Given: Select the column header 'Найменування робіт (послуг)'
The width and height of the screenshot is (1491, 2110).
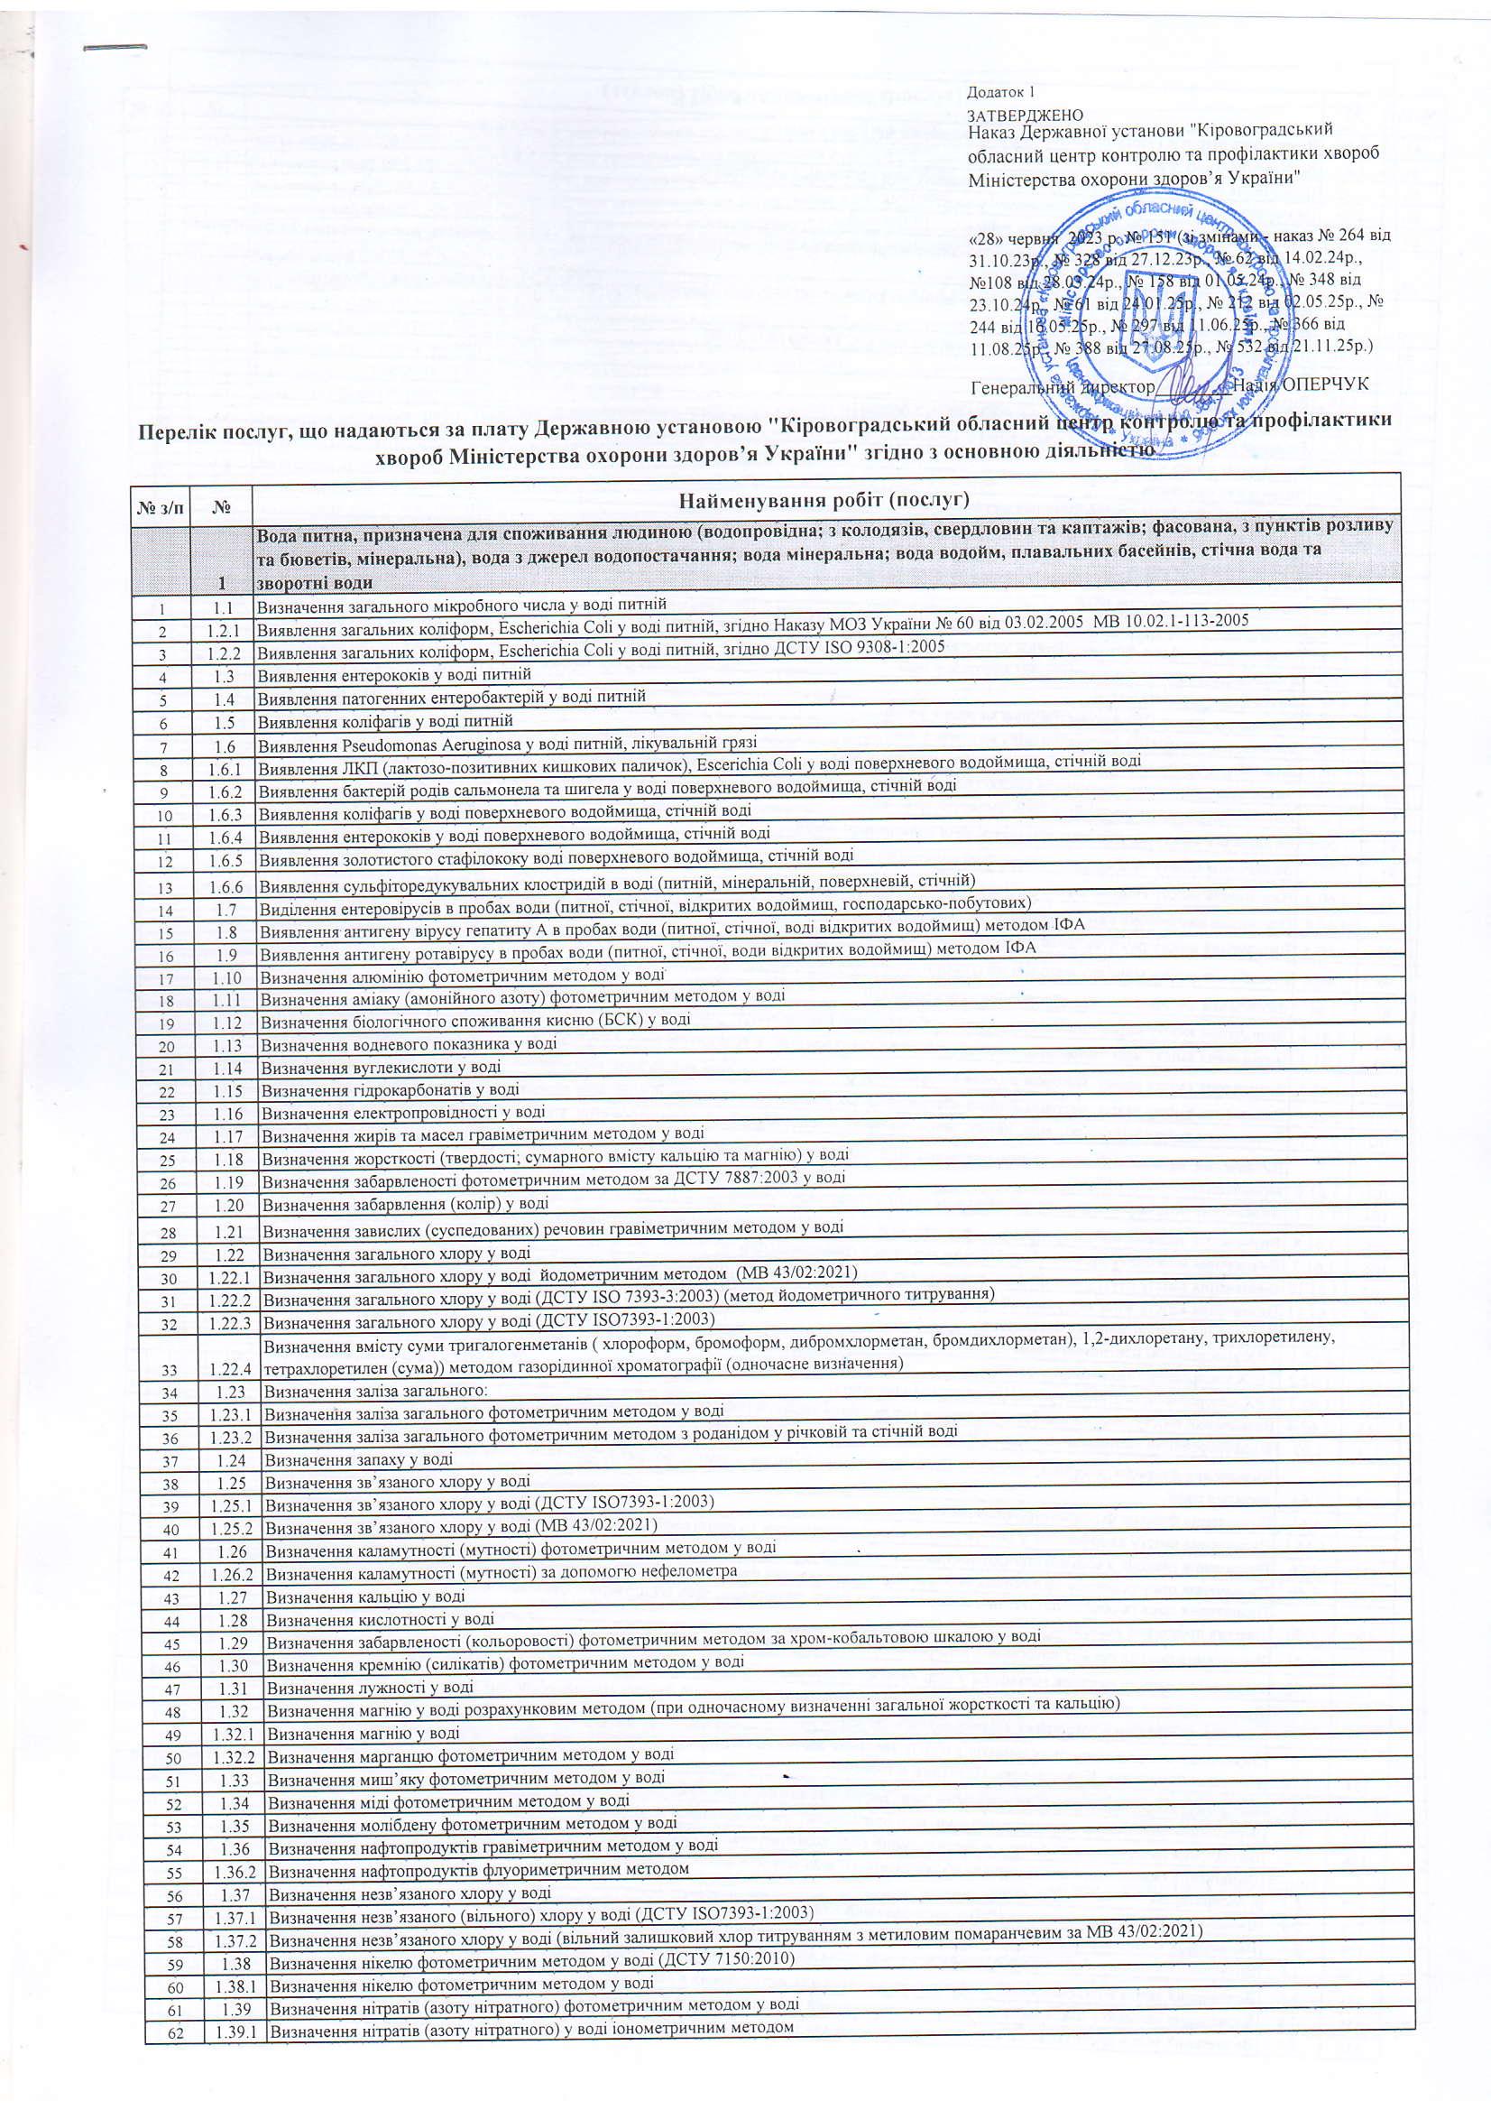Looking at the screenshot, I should pyautogui.click(x=824, y=500).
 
